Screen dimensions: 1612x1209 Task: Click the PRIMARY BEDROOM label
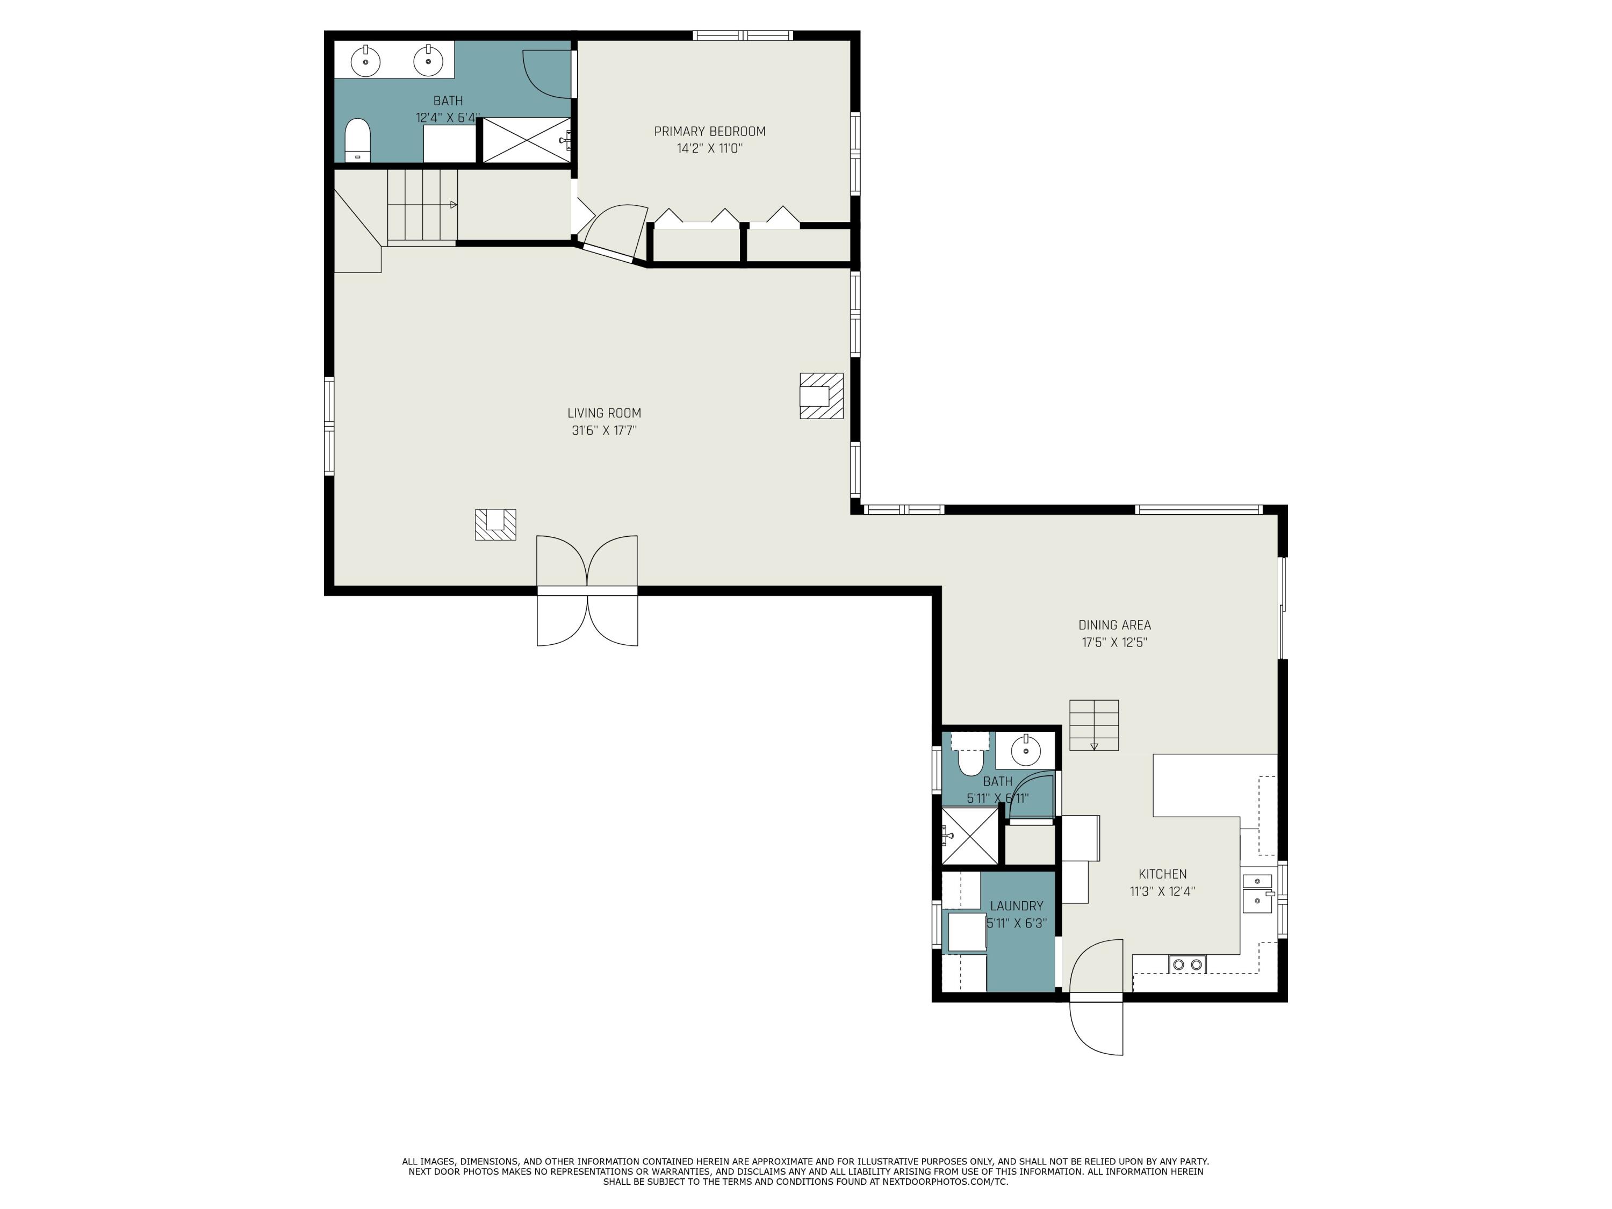point(709,132)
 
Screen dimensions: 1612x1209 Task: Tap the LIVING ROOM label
point(604,413)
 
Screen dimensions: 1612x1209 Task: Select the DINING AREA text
point(1114,625)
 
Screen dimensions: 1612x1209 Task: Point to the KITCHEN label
point(1162,874)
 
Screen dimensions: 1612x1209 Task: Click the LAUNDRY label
point(1017,906)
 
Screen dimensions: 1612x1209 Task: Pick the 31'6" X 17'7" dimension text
point(604,431)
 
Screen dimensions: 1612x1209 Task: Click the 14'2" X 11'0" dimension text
point(709,149)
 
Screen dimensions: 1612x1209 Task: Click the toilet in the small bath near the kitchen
point(970,754)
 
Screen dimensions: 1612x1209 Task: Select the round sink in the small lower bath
point(1025,750)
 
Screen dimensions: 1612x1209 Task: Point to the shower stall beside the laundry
point(970,836)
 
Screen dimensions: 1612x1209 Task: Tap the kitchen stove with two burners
point(1187,964)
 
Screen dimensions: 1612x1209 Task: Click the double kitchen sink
point(1258,893)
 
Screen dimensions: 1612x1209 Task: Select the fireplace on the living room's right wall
point(821,395)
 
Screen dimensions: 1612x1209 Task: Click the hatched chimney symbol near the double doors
point(495,524)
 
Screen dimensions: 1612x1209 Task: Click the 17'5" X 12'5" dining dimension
point(1114,643)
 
